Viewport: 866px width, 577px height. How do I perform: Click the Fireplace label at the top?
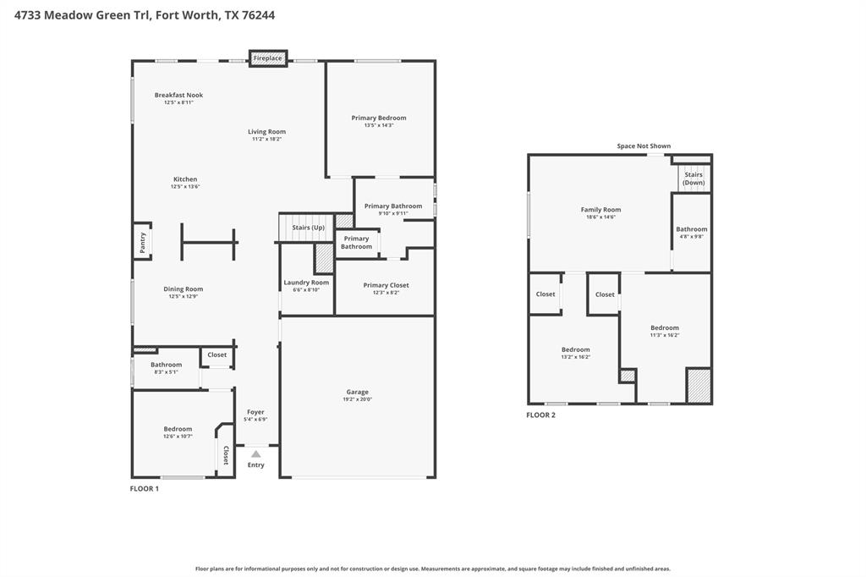point(268,58)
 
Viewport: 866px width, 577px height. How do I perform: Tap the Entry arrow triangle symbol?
point(256,454)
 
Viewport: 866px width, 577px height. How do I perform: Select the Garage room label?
point(357,392)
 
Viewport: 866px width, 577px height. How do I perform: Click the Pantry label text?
point(142,243)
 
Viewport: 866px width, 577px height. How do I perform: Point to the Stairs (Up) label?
point(308,228)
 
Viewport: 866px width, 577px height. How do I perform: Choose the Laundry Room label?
point(306,283)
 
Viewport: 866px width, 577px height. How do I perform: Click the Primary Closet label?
point(386,285)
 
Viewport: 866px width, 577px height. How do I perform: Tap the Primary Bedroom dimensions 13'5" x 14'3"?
point(379,125)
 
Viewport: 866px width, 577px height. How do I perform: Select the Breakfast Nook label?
point(178,95)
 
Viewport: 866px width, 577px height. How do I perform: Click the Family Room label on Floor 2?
point(600,210)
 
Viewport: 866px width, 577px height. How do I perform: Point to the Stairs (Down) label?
point(693,179)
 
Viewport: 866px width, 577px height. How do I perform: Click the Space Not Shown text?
point(644,146)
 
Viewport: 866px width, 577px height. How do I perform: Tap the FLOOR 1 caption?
point(144,489)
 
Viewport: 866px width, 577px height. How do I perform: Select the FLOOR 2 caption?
point(540,415)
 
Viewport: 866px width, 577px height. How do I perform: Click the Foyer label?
point(255,412)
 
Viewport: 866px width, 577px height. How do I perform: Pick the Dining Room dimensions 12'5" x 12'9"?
point(184,296)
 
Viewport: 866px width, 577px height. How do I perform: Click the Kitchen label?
point(185,179)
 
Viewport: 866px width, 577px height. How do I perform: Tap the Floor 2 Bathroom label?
point(691,229)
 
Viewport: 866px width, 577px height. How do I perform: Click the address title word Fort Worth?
point(188,14)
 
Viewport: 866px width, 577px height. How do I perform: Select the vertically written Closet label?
point(226,455)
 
